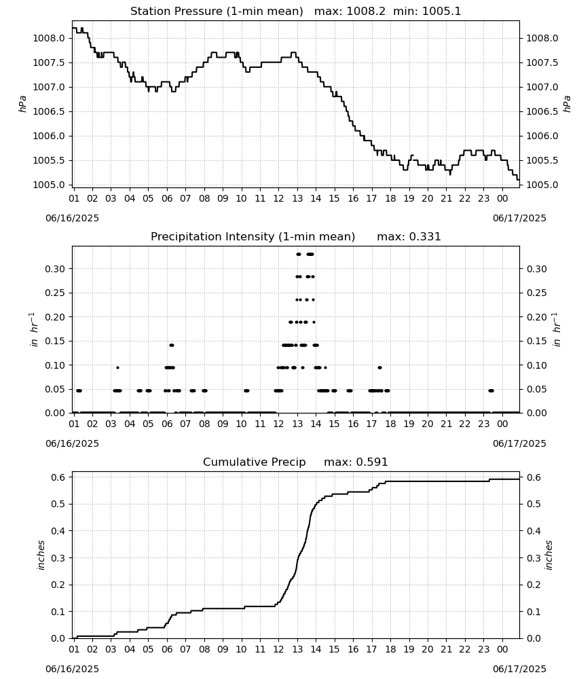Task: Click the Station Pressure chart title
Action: click(217, 12)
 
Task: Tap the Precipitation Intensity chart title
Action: click(253, 237)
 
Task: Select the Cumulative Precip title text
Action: click(254, 462)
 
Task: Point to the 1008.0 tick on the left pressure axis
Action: click(49, 39)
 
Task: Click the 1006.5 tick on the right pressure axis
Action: click(542, 112)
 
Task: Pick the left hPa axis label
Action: click(22, 104)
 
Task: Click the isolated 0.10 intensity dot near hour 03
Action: click(117, 367)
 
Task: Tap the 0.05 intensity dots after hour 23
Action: click(491, 390)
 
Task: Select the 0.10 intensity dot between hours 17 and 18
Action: click(379, 367)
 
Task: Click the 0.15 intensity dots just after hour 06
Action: click(172, 345)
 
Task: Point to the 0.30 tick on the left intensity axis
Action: click(55, 269)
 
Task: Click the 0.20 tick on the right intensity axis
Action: click(536, 317)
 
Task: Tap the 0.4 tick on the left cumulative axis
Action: click(58, 531)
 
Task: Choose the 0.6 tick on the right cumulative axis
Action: click(533, 477)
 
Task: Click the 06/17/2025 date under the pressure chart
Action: click(519, 218)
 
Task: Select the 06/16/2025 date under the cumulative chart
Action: click(72, 669)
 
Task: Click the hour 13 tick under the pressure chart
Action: click(297, 198)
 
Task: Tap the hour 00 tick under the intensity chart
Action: click(502, 424)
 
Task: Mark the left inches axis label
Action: click(41, 555)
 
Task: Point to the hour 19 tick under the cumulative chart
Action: click(409, 649)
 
